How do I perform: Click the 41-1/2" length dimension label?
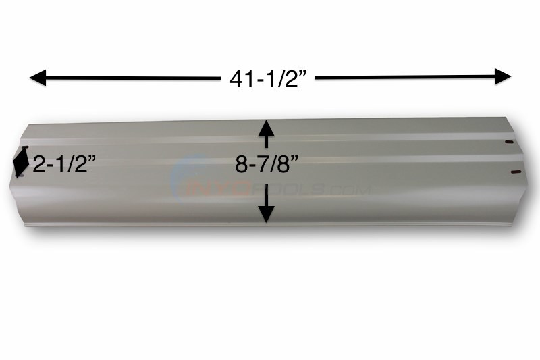pos(268,79)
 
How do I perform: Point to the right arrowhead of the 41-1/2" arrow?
pos(503,77)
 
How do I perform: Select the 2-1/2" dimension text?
pos(63,165)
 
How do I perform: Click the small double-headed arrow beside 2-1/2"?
pos(20,163)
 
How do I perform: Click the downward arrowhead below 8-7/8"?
pos(267,213)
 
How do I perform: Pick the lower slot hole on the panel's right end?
pos(516,172)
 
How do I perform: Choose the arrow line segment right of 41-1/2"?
pos(405,78)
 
